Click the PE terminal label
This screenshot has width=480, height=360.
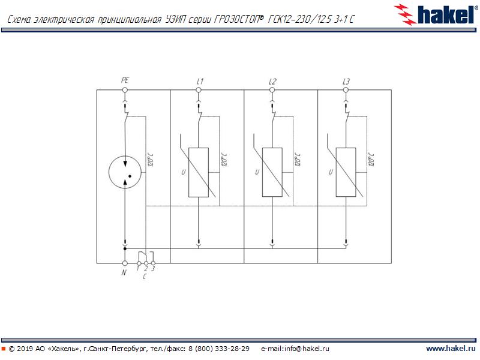click(x=125, y=80)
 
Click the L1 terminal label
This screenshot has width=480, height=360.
click(x=200, y=81)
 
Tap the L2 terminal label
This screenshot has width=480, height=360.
click(x=273, y=81)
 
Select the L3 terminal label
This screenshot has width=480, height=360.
click(x=346, y=81)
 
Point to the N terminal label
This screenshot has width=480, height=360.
click(x=124, y=273)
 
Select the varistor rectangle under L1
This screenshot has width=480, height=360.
click(x=199, y=172)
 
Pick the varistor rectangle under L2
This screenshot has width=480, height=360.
click(x=272, y=172)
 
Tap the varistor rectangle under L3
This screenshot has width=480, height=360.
click(x=346, y=172)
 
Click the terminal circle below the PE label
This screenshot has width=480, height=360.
click(x=125, y=90)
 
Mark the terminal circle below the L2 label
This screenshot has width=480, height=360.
click(x=272, y=90)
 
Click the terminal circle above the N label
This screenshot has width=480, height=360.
click(x=125, y=263)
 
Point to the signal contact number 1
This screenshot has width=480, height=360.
click(x=138, y=269)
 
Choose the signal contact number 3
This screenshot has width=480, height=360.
click(x=154, y=269)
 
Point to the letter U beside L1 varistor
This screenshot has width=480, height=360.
click(x=183, y=173)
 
